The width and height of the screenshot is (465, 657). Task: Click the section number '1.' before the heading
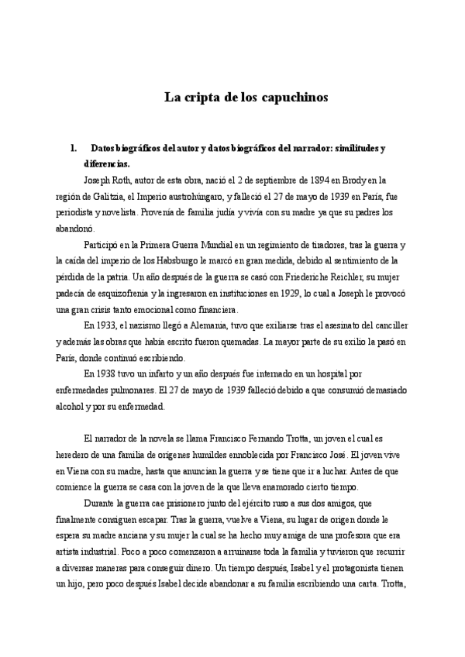coord(73,147)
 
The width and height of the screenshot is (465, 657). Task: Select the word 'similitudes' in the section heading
coord(343,147)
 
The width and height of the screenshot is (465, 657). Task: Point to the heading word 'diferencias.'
coord(106,163)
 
